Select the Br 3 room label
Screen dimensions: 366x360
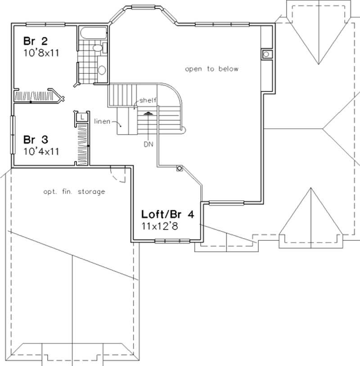[34, 140]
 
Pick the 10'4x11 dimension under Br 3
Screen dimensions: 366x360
[41, 151]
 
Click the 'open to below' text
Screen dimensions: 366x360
[211, 69]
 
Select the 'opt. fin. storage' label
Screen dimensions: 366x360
[74, 192]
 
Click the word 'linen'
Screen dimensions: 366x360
[102, 122]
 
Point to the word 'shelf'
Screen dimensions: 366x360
[148, 100]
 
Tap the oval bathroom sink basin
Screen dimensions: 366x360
[102, 70]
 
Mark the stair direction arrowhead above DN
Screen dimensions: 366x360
[147, 114]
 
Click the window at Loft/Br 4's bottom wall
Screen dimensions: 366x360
[172, 241]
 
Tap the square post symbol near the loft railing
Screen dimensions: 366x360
[180, 169]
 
